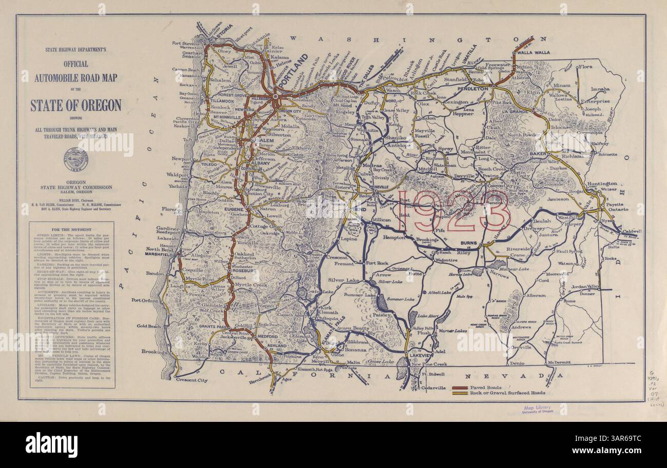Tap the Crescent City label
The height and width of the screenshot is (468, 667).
[x=191, y=380]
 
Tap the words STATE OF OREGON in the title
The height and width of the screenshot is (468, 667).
[x=76, y=106]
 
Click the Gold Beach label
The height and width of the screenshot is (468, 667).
[x=149, y=326]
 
